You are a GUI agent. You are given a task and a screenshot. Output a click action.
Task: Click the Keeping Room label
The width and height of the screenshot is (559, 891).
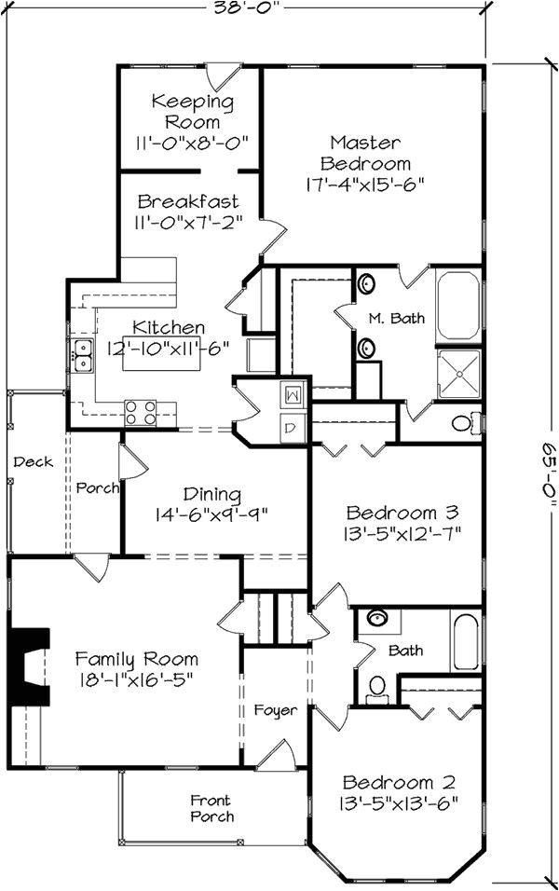point(192,112)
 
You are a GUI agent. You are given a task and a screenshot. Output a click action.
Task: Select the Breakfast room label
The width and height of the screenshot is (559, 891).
point(187,201)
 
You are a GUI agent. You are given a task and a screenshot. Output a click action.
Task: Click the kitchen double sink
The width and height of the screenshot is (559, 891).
point(83,354)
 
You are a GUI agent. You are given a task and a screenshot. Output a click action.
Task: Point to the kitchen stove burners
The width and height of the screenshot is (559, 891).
point(141,412)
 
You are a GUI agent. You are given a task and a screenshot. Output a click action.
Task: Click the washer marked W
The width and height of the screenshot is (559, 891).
point(292,394)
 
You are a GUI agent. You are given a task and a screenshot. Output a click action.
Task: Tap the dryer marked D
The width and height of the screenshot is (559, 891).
point(291,428)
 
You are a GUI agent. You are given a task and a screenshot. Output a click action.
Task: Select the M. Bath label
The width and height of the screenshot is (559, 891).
point(396,318)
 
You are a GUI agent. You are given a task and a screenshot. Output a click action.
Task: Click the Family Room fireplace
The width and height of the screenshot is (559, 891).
point(30,663)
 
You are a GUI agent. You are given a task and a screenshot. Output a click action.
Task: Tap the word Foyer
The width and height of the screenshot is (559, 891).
point(277,710)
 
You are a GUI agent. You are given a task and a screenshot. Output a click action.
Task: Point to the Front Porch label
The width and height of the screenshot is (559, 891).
point(211,808)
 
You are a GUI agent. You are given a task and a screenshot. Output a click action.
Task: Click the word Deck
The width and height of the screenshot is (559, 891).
point(34,461)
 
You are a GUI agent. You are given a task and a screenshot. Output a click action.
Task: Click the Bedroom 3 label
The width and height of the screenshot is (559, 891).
point(402,512)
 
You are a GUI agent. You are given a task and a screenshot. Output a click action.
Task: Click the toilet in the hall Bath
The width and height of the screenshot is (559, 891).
point(377,686)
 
